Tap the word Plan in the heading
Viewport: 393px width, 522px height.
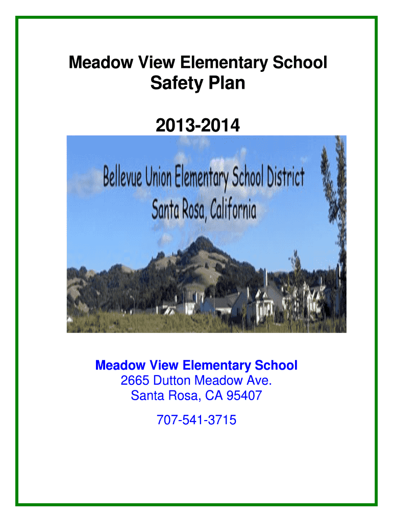(225, 83)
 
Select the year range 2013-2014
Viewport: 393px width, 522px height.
(198, 124)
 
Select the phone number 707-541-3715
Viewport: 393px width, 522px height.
(196, 420)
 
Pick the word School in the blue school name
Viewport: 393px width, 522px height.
(276, 366)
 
